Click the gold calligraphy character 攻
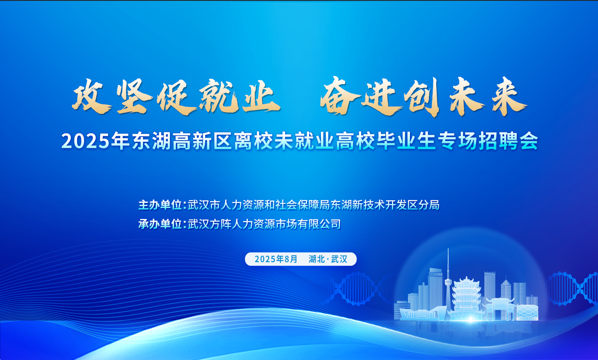91,97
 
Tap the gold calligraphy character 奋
340,96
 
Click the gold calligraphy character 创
423,97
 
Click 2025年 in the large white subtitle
95,141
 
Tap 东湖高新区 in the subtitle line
182,141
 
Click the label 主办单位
160,205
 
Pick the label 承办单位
160,224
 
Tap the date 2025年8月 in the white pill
276,259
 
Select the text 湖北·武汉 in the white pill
328,259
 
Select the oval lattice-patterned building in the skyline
527,312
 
